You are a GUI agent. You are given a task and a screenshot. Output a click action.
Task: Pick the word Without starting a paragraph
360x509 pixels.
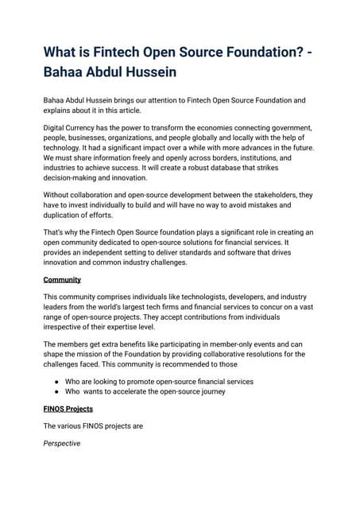pyautogui.click(x=60, y=194)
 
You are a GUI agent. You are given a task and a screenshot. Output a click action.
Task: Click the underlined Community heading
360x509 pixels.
pyautogui.click(x=62, y=280)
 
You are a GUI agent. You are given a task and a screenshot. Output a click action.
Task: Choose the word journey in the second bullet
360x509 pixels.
pyautogui.click(x=210, y=391)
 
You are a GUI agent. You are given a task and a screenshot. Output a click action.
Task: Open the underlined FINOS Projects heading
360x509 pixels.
pyautogui.click(x=68, y=409)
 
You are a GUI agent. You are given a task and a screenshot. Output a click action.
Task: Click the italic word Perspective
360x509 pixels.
pyautogui.click(x=62, y=443)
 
